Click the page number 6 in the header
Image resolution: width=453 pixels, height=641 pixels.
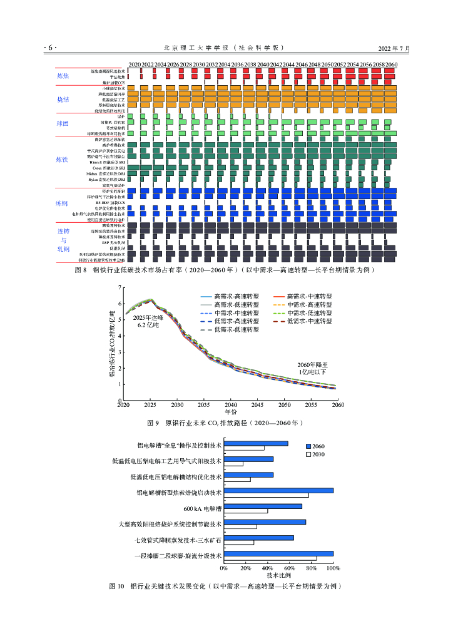50,48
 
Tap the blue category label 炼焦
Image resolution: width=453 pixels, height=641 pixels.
63,76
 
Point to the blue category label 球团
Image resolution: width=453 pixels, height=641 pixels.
63,123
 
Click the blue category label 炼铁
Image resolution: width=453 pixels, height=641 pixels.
62,160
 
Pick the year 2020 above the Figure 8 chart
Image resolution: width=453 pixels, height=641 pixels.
135,64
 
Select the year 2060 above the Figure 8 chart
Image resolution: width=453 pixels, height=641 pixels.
391,64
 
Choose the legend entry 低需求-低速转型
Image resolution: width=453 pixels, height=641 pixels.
237,329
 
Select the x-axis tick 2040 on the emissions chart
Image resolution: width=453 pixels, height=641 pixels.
231,405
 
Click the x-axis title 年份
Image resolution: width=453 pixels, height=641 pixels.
231,413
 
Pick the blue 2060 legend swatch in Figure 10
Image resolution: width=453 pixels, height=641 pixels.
308,445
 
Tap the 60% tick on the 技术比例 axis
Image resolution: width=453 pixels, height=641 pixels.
290,568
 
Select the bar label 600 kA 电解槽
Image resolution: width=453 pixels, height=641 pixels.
203,509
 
